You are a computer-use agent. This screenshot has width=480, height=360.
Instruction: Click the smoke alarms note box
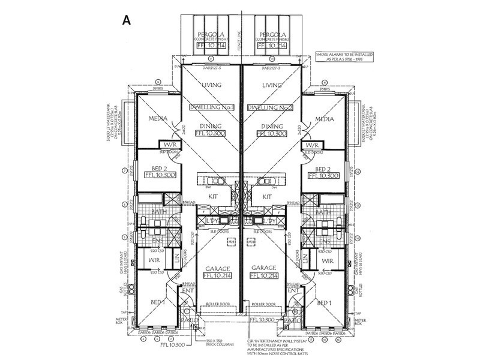coord(344,57)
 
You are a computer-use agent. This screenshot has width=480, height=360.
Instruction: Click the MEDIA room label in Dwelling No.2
coord(323,119)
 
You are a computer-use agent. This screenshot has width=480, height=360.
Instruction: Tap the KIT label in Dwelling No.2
coord(268,197)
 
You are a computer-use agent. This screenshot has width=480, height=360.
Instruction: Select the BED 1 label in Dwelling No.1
coord(157,302)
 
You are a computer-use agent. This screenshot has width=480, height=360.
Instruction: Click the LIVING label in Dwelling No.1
coord(212,85)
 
